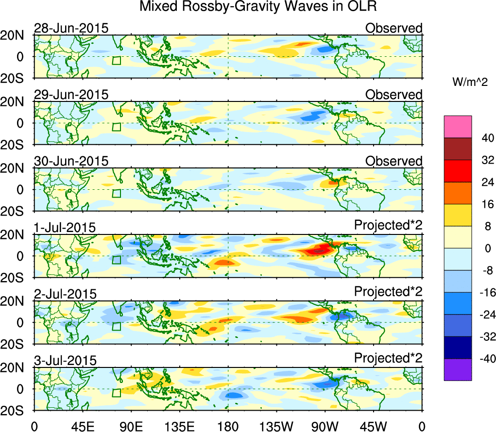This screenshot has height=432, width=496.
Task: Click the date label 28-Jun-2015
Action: [71, 28]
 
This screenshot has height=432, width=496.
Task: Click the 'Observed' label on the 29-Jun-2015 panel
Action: [393, 95]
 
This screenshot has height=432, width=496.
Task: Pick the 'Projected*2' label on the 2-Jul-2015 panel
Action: [388, 293]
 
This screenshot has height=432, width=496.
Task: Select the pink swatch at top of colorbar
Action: [457, 127]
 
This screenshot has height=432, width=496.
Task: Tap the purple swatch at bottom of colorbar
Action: [457, 370]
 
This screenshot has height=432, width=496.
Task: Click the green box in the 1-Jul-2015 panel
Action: [116, 260]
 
